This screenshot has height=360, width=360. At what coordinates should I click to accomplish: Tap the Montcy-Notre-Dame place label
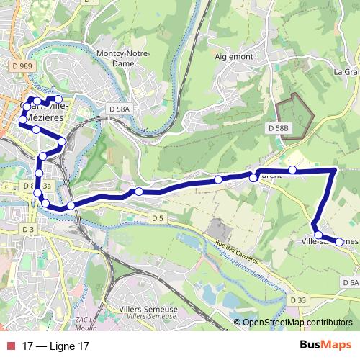click(120, 59)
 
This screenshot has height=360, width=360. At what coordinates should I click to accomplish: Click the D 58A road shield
click(120, 109)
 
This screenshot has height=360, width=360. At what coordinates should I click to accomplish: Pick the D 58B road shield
click(277, 127)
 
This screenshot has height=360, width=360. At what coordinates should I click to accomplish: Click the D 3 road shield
click(29, 229)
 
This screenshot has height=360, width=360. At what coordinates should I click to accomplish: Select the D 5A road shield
click(350, 283)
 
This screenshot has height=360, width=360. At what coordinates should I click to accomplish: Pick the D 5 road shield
click(158, 217)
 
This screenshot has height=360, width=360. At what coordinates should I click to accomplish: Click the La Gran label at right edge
click(346, 72)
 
